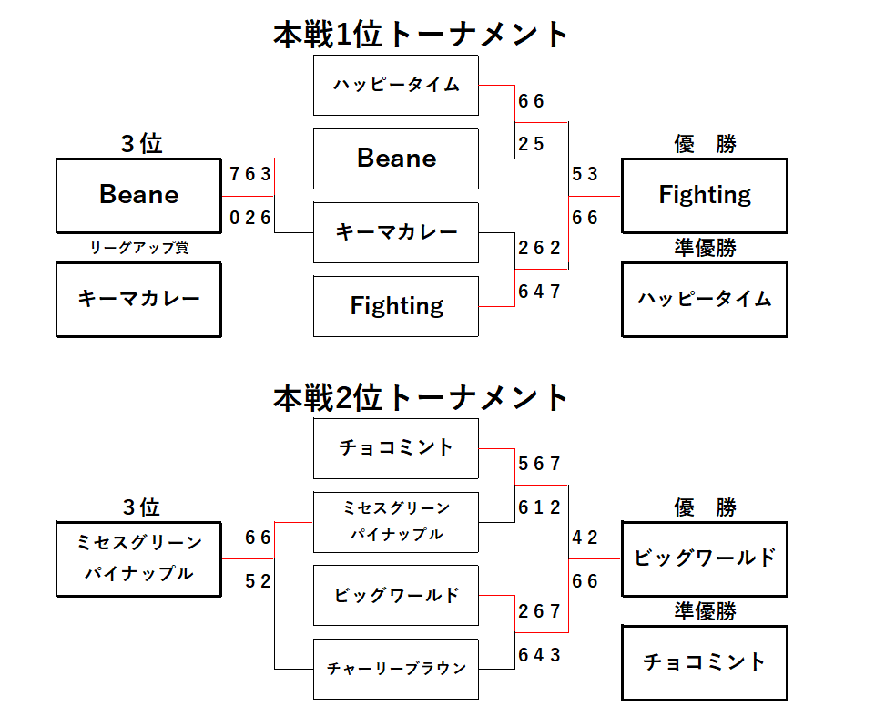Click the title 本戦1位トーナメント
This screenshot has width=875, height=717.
coord(422,35)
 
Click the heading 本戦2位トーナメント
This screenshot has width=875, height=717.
coord(422,398)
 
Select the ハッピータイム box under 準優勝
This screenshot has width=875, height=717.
coord(704,299)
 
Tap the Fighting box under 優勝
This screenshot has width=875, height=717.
coord(704,195)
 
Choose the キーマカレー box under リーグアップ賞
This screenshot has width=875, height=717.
coord(138,299)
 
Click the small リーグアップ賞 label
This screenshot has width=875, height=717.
coord(138,248)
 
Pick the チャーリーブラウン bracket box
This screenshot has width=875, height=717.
coord(396,669)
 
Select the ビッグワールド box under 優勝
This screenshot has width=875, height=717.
coord(704,558)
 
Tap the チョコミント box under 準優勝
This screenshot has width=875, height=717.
coord(704,661)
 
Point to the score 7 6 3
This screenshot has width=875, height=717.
coord(250,174)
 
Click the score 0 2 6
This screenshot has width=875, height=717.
coord(250,218)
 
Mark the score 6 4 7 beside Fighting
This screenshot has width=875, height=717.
coord(539,292)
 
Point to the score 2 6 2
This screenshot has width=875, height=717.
coord(539,248)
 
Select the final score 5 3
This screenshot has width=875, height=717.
coord(585,174)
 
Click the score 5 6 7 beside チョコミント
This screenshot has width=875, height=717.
coord(539,464)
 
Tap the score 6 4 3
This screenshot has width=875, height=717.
coord(539,654)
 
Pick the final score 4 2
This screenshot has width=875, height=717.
coord(585,538)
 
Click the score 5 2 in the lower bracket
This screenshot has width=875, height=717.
coord(258,581)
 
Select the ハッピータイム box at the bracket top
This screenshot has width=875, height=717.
coord(396,86)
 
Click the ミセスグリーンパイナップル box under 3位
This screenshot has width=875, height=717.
coord(138,558)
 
